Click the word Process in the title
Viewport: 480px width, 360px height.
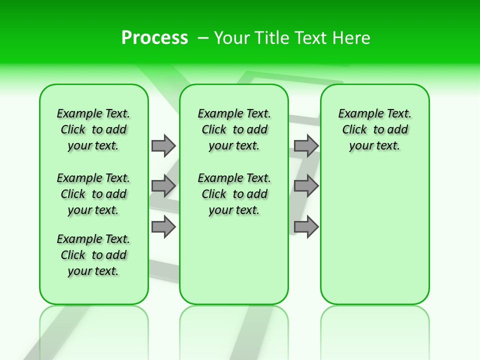(154, 37)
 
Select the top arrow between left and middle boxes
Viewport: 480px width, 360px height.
(163, 145)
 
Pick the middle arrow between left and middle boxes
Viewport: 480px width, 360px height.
(163, 186)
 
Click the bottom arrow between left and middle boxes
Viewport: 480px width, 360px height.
(163, 227)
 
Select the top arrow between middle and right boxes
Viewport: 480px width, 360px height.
(306, 145)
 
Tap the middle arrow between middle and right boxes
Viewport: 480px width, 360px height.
(306, 186)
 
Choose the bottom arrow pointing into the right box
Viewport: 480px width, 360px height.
(306, 227)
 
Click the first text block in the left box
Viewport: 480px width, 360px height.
(93, 129)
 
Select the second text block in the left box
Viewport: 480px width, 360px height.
(93, 194)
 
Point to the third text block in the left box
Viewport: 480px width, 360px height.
(93, 255)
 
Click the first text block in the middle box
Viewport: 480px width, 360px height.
(234, 129)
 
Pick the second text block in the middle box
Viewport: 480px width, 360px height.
(234, 194)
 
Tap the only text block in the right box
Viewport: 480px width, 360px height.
(374, 129)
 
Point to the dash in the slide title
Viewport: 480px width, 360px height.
(203, 37)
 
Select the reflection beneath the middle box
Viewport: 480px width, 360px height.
(234, 330)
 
